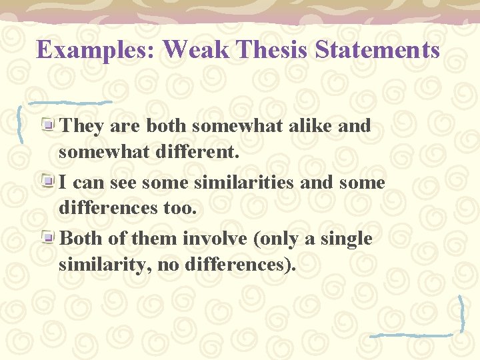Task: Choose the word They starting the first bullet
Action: pyautogui.click(x=81, y=125)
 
